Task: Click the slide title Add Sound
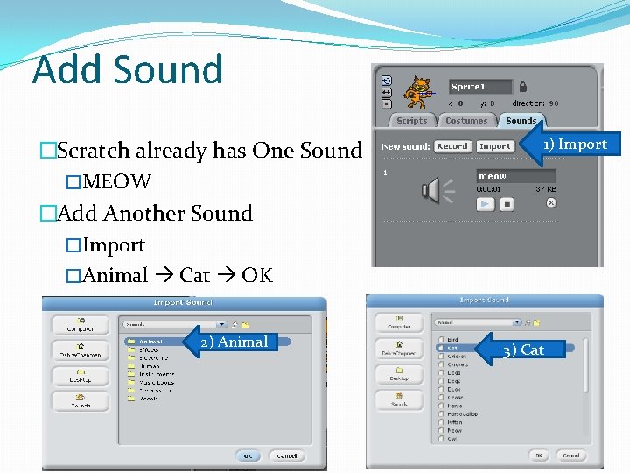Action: [x=128, y=69]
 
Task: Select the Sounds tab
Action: [x=521, y=121]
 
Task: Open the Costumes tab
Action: [x=466, y=121]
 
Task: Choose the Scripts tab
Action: [x=411, y=121]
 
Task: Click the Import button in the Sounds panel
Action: [x=495, y=146]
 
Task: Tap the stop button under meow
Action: [x=507, y=204]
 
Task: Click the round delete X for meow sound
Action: [x=551, y=202]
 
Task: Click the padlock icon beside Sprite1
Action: [x=522, y=87]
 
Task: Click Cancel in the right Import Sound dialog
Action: [x=570, y=455]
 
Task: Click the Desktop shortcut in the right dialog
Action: [x=399, y=373]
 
